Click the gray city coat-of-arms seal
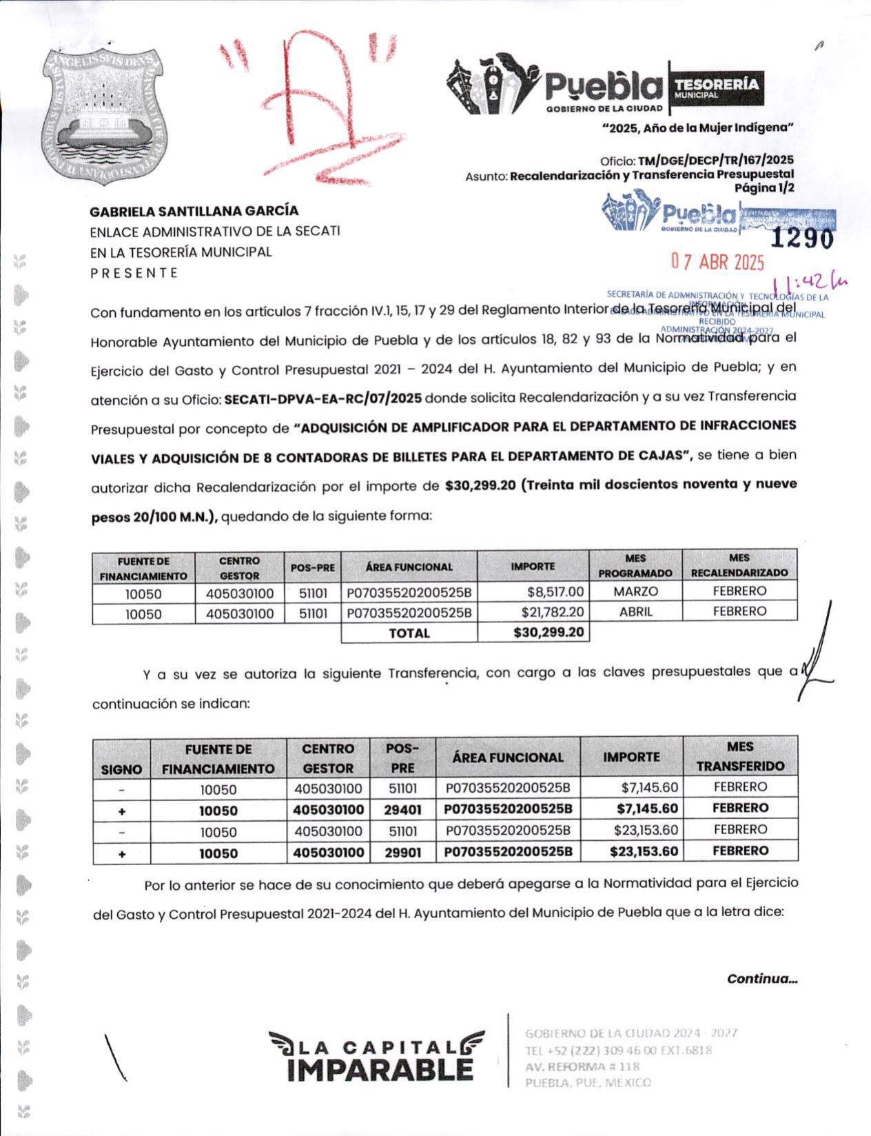(103, 113)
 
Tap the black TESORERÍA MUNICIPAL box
(716, 88)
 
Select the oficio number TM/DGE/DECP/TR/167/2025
(715, 161)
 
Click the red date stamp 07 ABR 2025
(718, 262)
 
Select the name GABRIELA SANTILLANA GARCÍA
(194, 211)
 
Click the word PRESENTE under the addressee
(134, 273)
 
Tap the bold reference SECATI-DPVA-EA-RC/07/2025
(323, 398)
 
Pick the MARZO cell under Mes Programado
(635, 591)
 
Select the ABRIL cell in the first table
(635, 611)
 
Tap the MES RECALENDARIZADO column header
(739, 565)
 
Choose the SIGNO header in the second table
(122, 769)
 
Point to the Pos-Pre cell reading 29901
(402, 853)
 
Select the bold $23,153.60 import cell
(631, 852)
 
